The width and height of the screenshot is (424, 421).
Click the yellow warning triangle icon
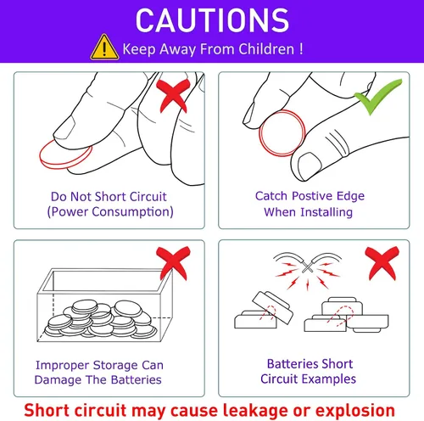pos(104,48)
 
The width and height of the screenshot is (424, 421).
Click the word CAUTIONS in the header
pos(212,20)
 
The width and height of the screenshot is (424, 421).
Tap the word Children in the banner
pos(266,49)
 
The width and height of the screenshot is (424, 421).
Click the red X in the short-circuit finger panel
pos(172,96)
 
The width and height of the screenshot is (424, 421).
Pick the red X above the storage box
pos(173,263)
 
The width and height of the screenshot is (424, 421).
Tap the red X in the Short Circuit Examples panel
pos(382,263)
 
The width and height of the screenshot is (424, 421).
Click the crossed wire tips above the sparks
pos(307,267)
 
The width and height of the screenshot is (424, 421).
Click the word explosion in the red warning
pos(355,411)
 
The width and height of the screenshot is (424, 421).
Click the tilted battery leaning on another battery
pos(272,307)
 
